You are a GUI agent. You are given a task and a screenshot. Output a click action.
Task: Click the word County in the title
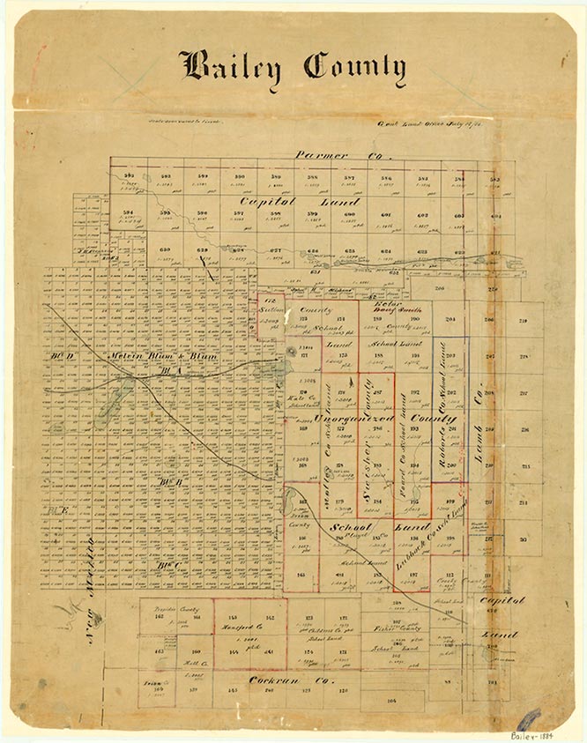click(354, 67)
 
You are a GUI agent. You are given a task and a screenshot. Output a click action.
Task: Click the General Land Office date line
click(438, 126)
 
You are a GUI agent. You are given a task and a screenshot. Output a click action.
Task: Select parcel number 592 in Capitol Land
click(129, 177)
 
